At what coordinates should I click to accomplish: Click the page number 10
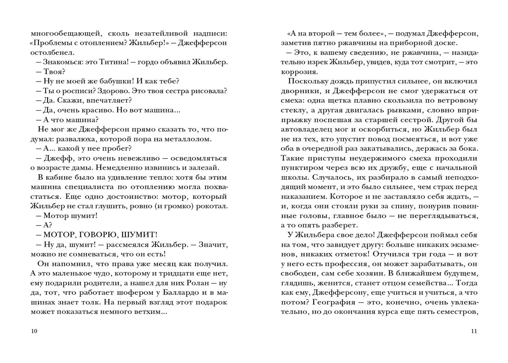click(34, 331)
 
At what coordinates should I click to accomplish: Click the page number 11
click(474, 331)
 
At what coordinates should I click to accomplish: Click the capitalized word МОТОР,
click(60, 235)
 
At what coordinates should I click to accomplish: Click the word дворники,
click(298, 91)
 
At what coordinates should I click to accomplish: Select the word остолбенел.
click(52, 53)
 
